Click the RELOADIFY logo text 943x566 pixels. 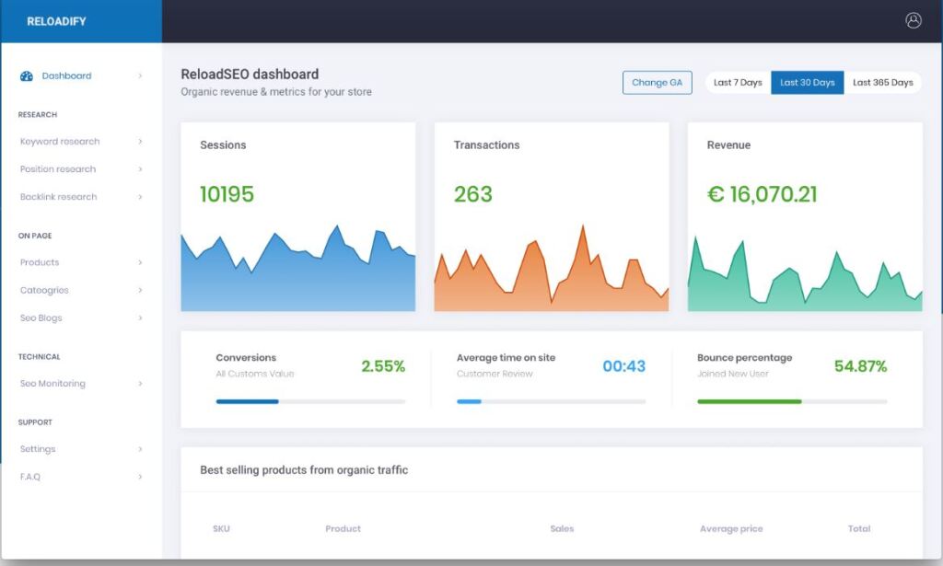point(56,21)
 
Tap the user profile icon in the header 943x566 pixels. point(913,20)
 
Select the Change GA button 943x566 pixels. point(657,83)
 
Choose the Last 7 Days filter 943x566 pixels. point(738,83)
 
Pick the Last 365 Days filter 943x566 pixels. point(882,83)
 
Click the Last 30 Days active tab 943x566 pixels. point(807,83)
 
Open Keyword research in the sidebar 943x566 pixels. point(60,142)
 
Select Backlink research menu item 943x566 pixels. point(58,197)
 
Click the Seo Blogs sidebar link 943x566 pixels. point(41,318)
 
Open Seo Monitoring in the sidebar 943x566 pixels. point(52,384)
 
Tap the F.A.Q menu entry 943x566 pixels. point(30,477)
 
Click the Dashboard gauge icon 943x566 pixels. point(27,76)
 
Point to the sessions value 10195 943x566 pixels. point(227,194)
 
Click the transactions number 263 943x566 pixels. point(472,194)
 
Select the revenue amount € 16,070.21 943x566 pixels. point(762,194)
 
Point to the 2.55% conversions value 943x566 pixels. point(383,366)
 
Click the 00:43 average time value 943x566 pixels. point(623,366)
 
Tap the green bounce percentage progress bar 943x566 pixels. point(749,401)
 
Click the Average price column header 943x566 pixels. point(731,529)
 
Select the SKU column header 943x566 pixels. point(221,529)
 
